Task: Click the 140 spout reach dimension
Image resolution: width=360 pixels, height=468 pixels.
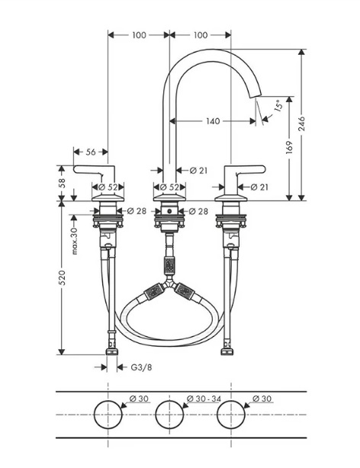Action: pos(213,121)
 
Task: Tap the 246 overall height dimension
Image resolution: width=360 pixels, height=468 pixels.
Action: pos(302,124)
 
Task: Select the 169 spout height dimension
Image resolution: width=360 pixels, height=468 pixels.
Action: pos(289,147)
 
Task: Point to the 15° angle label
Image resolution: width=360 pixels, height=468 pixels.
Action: pos(278,106)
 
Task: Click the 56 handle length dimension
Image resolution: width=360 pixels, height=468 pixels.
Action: pos(91,152)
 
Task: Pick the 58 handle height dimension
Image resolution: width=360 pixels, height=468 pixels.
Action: pos(61,183)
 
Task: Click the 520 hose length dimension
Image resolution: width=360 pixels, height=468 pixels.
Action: pos(62,277)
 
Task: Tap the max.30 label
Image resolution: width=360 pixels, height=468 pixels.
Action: pos(74,241)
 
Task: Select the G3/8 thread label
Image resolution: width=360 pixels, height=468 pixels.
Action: pos(141,367)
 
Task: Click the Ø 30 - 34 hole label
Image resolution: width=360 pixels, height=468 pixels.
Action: pos(204,399)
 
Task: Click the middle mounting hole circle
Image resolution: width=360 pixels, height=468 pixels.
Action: pos(169,415)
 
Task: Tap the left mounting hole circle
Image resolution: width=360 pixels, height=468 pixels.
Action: pos(108,415)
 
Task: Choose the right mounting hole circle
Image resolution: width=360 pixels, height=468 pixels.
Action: pos(231,415)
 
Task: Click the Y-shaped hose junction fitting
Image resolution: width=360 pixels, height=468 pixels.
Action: pos(169,283)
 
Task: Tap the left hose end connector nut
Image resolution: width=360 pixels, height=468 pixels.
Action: pos(111,351)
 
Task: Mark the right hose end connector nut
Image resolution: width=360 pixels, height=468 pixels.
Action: pos(227,351)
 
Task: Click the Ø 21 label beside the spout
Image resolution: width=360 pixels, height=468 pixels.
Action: pos(198,171)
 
